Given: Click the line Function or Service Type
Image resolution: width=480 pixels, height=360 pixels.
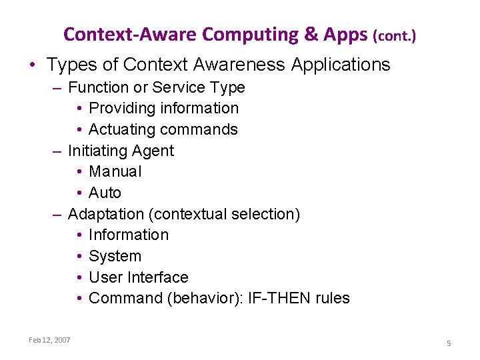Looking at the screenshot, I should tap(157, 87).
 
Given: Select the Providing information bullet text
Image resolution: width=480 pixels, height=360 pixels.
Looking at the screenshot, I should tap(163, 108).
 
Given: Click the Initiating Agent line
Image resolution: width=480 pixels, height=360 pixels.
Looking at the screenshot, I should tap(121, 151).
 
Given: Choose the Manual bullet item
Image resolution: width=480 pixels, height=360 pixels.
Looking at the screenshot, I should tap(115, 171).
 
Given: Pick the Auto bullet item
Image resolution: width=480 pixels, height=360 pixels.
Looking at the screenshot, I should tap(105, 193).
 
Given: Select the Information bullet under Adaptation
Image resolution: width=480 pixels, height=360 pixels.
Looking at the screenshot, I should tap(129, 235).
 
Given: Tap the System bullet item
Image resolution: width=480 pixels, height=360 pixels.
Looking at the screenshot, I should tap(115, 256).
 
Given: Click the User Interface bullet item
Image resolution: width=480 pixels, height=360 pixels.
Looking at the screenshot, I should tap(139, 277).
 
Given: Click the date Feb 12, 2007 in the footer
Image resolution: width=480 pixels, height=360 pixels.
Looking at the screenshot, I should tap(49, 340).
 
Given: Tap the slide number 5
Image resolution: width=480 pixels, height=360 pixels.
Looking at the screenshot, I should tap(449, 343).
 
